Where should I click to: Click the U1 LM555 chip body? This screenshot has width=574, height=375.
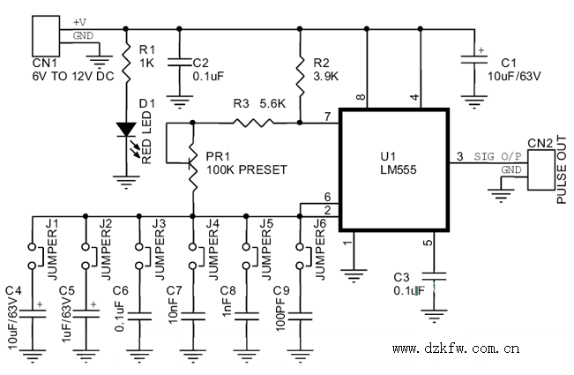tap(395, 167)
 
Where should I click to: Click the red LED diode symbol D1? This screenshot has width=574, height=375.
tap(127, 130)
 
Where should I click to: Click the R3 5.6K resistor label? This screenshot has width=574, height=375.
tap(259, 103)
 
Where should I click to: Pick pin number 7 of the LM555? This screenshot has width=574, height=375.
tap(327, 116)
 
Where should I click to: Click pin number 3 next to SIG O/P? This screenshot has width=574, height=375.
tap(458, 157)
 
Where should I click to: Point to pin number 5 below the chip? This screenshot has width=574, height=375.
tap(429, 244)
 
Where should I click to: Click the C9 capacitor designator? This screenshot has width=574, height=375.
tap(281, 289)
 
